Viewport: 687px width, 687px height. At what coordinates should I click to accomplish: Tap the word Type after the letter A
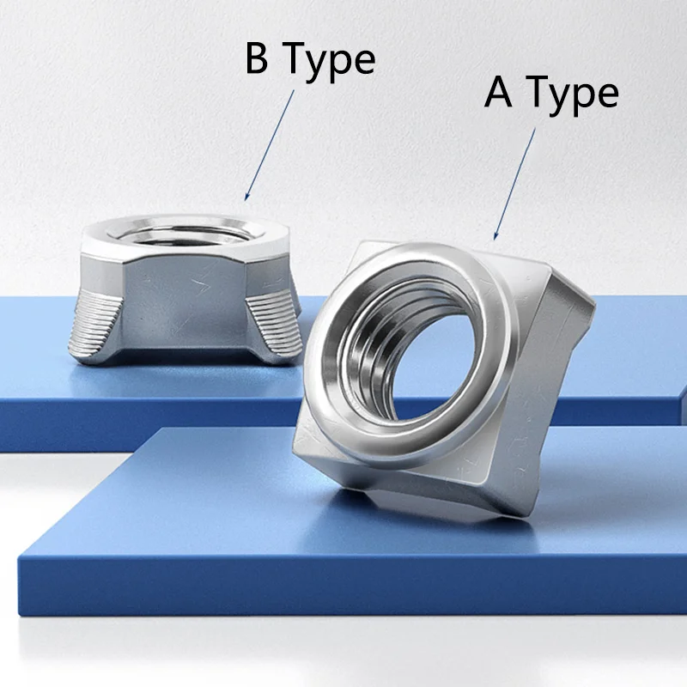(x=573, y=94)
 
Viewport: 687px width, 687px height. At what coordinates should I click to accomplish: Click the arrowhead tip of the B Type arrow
(x=246, y=201)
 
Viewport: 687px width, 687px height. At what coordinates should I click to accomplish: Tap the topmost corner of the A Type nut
(x=365, y=245)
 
